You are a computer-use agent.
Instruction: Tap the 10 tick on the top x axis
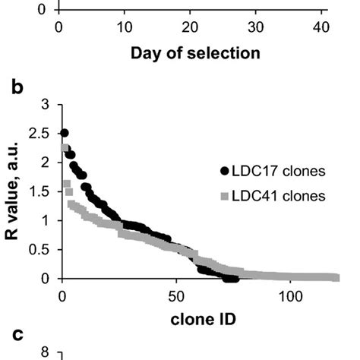pyautogui.click(x=124, y=28)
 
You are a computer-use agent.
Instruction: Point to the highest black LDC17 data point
pyautogui.click(x=65, y=133)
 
